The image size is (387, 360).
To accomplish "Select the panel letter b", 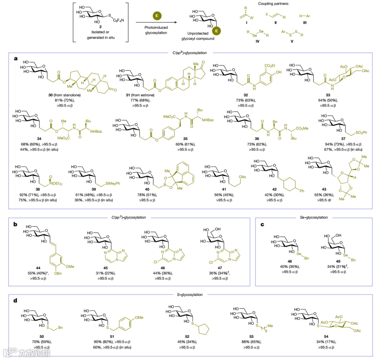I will (x=16, y=224).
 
